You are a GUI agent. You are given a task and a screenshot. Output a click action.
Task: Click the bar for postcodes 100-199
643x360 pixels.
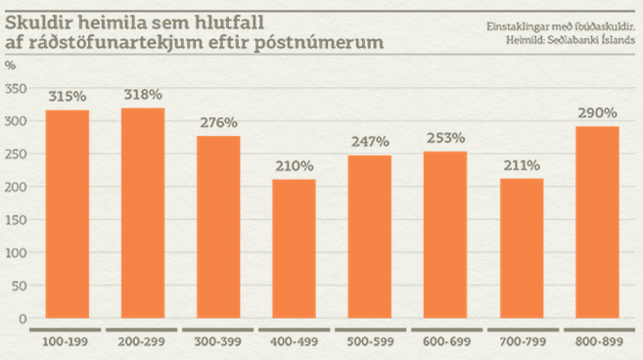[68, 214]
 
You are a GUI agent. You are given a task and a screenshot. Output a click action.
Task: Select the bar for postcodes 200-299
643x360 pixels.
[143, 213]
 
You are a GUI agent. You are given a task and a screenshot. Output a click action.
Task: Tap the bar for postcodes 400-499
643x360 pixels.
[294, 248]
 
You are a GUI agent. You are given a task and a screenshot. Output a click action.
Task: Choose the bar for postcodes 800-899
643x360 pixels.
[597, 222]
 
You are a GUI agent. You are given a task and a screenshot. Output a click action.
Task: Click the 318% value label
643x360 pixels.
[143, 95]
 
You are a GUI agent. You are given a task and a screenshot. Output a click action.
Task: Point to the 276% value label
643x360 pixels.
[218, 122]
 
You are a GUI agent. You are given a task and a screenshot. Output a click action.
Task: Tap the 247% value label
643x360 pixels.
[370, 142]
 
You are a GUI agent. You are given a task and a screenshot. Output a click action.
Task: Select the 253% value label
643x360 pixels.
[445, 138]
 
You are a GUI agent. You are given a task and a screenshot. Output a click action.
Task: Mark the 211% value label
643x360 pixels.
[522, 165]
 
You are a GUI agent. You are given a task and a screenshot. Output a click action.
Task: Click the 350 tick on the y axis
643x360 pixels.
[15, 88]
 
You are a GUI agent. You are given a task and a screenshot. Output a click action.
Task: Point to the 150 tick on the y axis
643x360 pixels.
[15, 219]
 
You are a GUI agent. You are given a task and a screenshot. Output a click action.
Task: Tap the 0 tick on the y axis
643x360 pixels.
[22, 319]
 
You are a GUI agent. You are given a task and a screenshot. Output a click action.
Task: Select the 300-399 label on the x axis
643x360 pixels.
[218, 341]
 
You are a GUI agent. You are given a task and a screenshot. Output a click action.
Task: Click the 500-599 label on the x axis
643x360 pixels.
[370, 341]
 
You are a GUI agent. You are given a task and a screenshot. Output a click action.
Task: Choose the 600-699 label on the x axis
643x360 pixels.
[445, 341]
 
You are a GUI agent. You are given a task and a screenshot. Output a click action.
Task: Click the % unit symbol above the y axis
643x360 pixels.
[10, 65]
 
